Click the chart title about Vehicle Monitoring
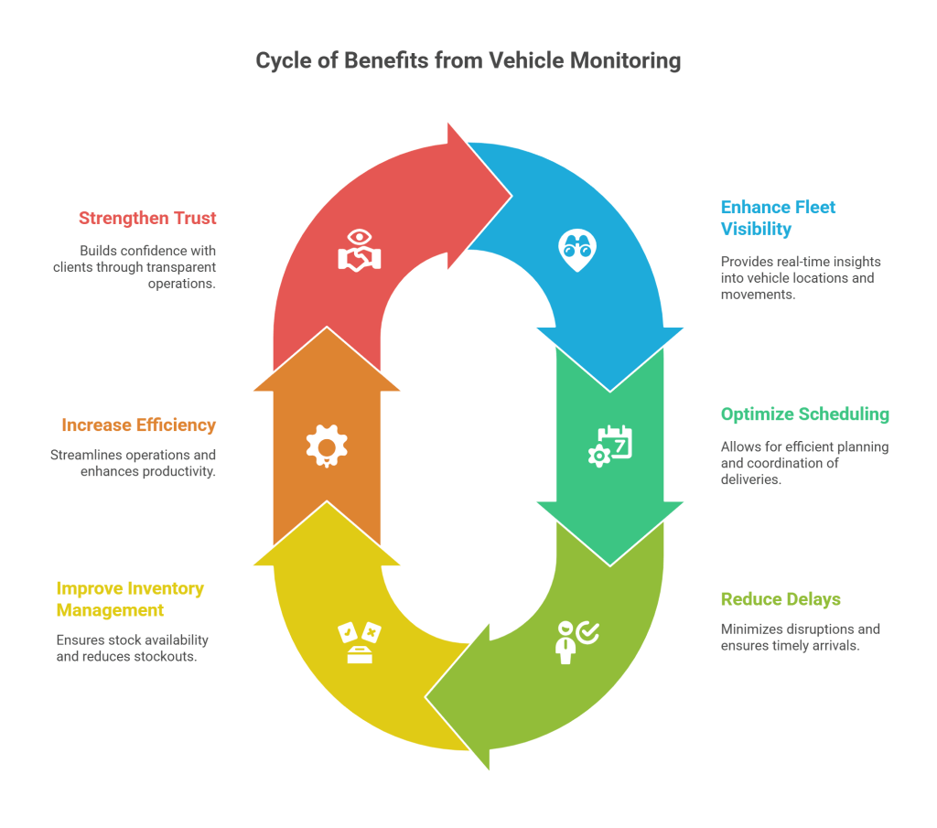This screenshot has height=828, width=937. (x=468, y=61)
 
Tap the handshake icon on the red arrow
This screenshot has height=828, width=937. (x=359, y=250)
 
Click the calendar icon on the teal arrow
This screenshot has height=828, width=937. (x=610, y=446)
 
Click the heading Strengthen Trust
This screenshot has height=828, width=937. (x=147, y=219)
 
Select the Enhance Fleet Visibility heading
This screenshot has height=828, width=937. (x=778, y=218)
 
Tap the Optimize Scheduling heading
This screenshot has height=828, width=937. (x=804, y=414)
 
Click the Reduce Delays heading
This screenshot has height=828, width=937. (x=780, y=599)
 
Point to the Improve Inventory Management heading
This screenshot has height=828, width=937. (x=130, y=599)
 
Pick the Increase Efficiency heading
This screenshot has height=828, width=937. (x=138, y=425)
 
